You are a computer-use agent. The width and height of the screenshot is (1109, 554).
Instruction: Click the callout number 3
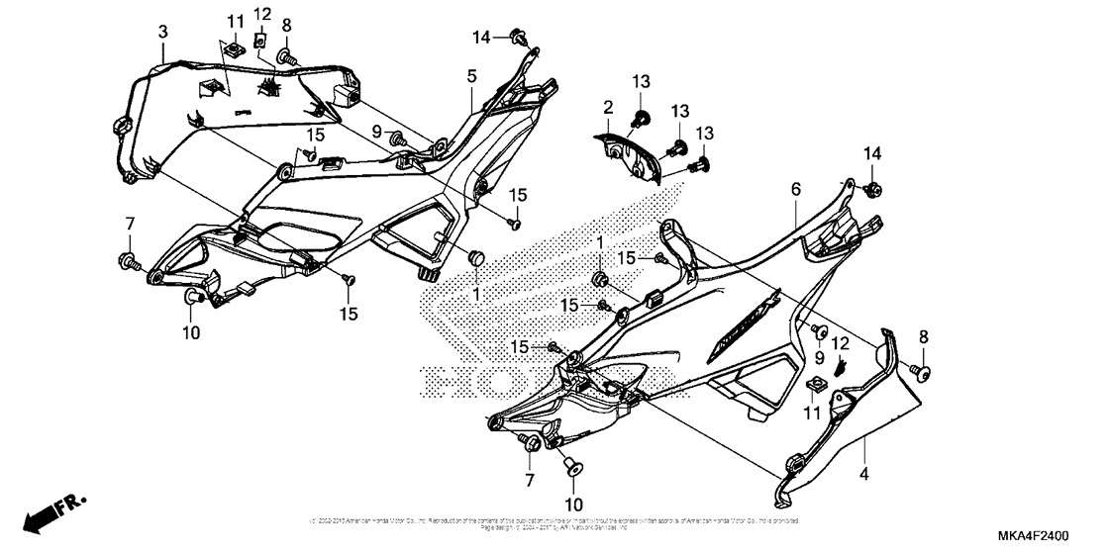pos(162,33)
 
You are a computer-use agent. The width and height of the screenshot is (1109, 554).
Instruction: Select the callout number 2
pos(608,105)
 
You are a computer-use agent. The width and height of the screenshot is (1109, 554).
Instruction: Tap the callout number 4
pos(863,474)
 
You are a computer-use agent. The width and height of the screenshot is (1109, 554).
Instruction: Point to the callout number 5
pos(472,75)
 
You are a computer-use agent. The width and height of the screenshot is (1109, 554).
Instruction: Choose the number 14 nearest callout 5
pos(481,38)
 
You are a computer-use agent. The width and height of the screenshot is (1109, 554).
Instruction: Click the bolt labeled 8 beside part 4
pos(923,372)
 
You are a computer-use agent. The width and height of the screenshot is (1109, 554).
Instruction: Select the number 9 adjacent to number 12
pos(819,356)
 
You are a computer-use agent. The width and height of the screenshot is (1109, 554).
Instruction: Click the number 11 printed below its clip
pos(812,411)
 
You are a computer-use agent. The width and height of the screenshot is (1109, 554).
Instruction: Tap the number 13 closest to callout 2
pos(641,80)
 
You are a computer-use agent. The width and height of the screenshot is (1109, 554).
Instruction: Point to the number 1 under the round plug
pos(475,295)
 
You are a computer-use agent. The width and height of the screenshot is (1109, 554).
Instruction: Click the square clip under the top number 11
pos(235,47)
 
